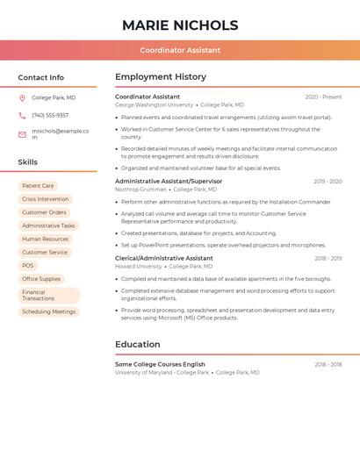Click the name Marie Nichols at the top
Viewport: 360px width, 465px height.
pyautogui.click(x=180, y=25)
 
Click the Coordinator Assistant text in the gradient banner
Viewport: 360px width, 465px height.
pyautogui.click(x=180, y=50)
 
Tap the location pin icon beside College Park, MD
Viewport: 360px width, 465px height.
pyautogui.click(x=22, y=97)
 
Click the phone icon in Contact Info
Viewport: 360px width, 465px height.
pyautogui.click(x=22, y=115)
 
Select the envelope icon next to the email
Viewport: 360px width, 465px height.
pyautogui.click(x=22, y=134)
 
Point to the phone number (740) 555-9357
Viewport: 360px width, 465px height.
pyautogui.click(x=50, y=115)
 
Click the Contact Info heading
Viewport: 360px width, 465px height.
pyautogui.click(x=40, y=77)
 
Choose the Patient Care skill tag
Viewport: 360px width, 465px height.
pyautogui.click(x=38, y=186)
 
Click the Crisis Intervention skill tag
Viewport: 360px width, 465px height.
pyautogui.click(x=45, y=199)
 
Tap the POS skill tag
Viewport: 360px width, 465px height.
pyautogui.click(x=28, y=265)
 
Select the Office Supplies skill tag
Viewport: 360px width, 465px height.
pyautogui.click(x=41, y=279)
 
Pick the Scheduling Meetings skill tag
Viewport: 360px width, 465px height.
pyautogui.click(x=48, y=311)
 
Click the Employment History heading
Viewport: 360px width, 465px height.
pyautogui.click(x=161, y=77)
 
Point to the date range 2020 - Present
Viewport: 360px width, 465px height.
pyautogui.click(x=323, y=97)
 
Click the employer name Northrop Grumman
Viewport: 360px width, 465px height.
pyautogui.click(x=140, y=190)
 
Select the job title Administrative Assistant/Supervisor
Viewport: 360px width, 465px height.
pyautogui.click(x=169, y=181)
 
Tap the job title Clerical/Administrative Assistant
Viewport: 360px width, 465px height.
pyautogui.click(x=164, y=259)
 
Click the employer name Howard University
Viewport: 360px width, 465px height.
pyautogui.click(x=139, y=267)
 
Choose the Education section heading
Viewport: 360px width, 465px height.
pyautogui.click(x=138, y=345)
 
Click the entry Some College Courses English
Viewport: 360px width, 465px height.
pyautogui.click(x=160, y=364)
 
